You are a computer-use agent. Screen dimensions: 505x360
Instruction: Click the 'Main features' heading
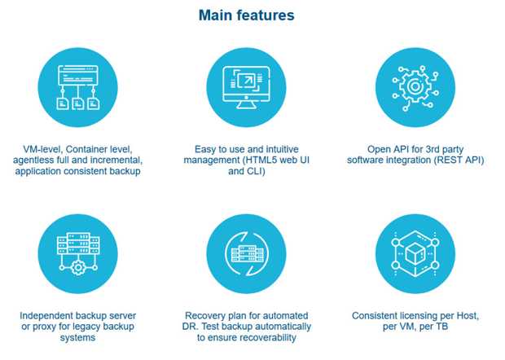pos(246,15)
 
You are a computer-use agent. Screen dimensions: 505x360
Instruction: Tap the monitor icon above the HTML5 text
pos(246,87)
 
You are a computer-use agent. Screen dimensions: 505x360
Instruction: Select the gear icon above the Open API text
pos(415,87)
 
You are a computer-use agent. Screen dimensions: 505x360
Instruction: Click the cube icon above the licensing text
pos(415,254)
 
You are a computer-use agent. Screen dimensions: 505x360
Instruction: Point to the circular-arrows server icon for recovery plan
pos(246,254)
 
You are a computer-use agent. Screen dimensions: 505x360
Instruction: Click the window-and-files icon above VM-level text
pos(78,87)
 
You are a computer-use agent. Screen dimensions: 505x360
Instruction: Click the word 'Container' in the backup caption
pos(86,149)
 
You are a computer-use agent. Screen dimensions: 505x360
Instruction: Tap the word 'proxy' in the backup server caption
pos(45,327)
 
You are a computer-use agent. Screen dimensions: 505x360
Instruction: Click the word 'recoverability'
pos(268,337)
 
